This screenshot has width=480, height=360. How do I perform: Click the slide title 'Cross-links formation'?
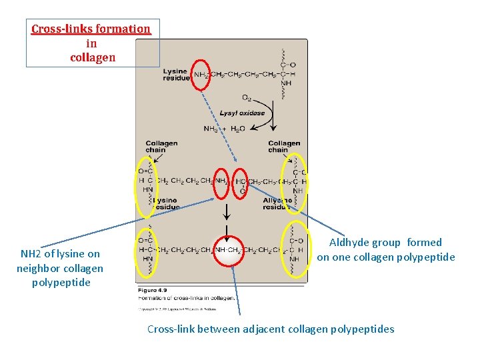(91, 29)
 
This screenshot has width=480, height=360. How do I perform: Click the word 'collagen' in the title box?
(93, 57)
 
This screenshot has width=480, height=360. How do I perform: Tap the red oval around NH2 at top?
(201, 74)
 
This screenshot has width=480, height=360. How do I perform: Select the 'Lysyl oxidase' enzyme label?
(242, 113)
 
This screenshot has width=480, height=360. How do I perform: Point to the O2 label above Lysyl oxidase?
(247, 98)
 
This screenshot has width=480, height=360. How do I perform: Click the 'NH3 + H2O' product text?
(224, 129)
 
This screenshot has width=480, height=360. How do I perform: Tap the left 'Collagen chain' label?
(161, 147)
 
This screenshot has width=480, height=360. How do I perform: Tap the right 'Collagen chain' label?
(284, 147)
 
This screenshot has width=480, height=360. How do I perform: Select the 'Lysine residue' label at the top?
(175, 74)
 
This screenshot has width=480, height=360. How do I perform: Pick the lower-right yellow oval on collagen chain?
(295, 249)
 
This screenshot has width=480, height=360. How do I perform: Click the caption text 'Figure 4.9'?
(153, 290)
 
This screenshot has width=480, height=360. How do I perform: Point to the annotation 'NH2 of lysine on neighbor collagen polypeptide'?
(60, 268)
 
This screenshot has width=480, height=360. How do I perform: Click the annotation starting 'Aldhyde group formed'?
(385, 250)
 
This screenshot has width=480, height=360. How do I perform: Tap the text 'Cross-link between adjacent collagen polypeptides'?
(270, 329)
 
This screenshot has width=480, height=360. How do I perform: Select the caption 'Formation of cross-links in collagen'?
(187, 298)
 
